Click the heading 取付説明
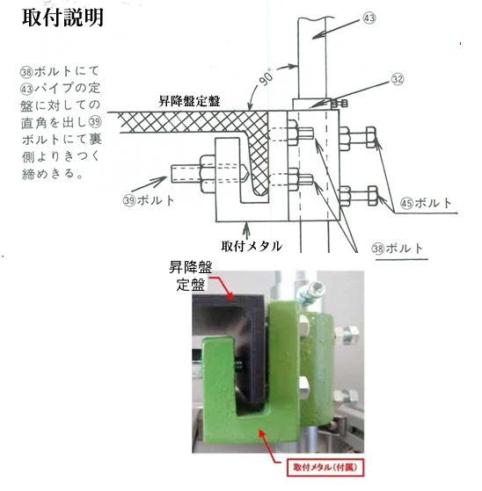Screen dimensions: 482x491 point(62,18)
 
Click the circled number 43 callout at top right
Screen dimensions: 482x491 point(369,18)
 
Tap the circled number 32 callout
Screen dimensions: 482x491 point(398,79)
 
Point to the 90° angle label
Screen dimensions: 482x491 point(267,77)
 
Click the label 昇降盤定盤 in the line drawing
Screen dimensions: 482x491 point(189,101)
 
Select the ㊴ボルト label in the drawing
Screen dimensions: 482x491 point(149,200)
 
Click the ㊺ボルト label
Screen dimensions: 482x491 point(426,203)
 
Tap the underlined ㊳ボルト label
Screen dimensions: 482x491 point(398,249)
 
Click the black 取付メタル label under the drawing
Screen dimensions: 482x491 point(252,246)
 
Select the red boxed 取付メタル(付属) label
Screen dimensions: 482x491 point(325,467)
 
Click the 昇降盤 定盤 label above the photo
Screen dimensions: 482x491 point(190,276)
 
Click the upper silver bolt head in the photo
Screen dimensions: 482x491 point(349,333)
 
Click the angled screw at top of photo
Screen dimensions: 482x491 point(311,292)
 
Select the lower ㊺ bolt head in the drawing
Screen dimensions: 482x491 point(373,196)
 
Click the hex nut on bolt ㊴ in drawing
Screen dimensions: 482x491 point(207,173)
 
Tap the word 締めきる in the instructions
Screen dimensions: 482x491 point(48,174)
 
